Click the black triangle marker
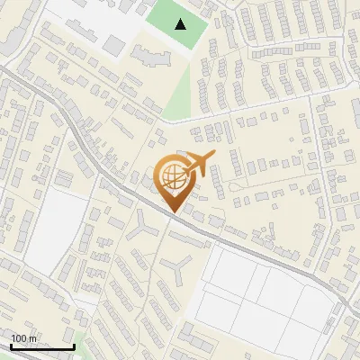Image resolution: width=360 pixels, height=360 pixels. [x=182, y=24]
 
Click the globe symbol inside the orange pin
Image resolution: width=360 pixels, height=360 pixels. [x=172, y=177]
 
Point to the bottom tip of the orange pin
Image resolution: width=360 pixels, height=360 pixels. [x=172, y=212]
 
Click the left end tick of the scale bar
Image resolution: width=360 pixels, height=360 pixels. [x=11, y=345]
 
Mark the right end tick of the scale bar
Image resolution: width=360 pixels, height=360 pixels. [x=74, y=345]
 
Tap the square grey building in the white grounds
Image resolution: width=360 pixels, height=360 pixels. [x=114, y=43]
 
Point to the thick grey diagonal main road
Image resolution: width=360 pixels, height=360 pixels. [x=108, y=171]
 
